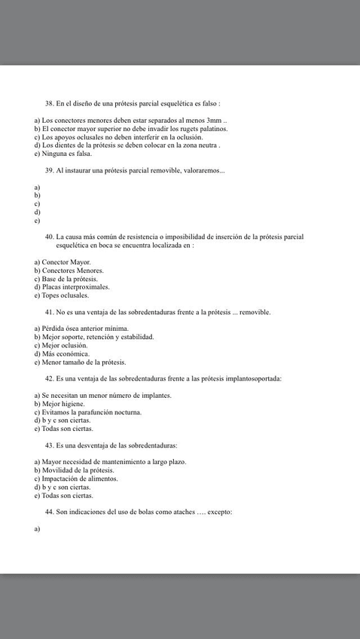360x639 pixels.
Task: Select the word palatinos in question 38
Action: (x=211, y=129)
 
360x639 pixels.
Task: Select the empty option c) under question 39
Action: (x=37, y=204)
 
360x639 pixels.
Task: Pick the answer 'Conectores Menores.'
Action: (x=72, y=270)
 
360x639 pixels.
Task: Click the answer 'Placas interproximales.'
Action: (x=75, y=287)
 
